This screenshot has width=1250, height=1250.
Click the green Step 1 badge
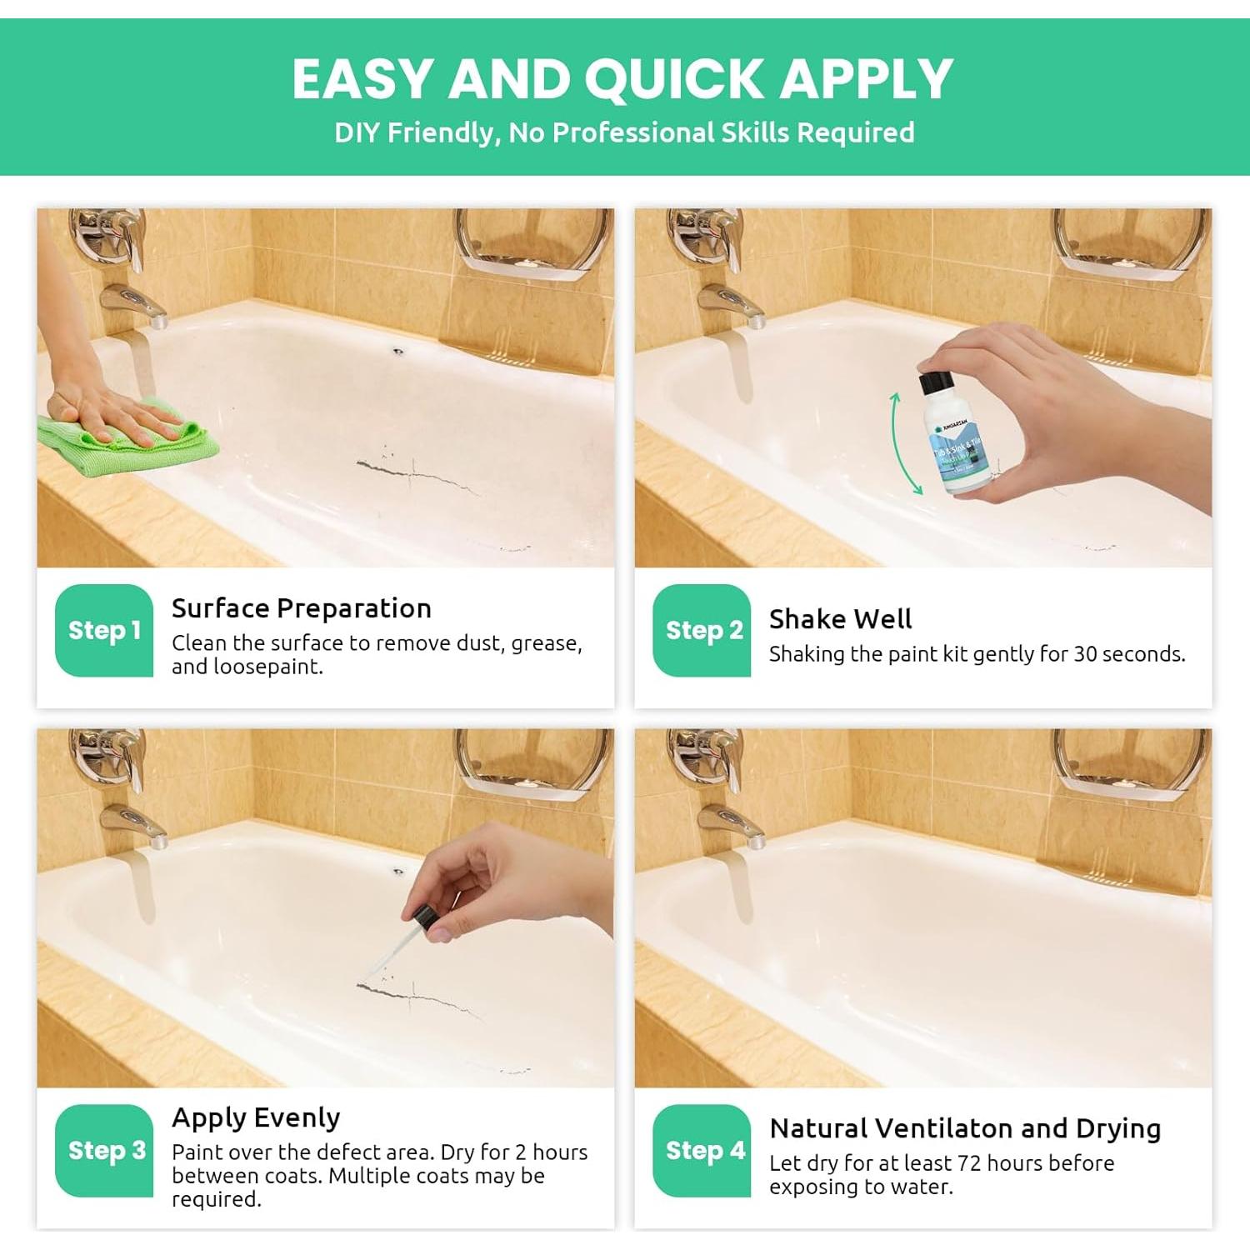pos(104,630)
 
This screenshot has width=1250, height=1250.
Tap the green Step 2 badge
pos(702,630)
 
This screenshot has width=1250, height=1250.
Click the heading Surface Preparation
pos(301,608)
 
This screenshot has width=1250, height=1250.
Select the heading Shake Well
pos(840,619)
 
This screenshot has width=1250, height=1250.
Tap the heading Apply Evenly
pos(256,1117)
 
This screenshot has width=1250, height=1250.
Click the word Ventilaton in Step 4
pos(944,1128)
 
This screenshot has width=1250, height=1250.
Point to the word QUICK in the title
pos(673,79)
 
